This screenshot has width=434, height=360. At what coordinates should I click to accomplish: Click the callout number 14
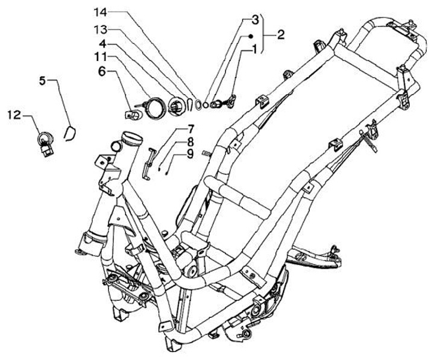101,11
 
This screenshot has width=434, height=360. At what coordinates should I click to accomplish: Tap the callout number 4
103,43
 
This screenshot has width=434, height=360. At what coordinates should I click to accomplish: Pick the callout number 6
102,71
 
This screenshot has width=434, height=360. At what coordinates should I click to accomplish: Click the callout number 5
42,80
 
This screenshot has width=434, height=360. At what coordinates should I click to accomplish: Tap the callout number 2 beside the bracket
281,35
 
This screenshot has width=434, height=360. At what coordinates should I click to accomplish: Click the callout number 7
190,128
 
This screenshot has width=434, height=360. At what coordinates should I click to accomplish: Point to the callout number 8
190,142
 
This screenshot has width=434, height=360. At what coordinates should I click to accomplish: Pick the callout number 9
190,155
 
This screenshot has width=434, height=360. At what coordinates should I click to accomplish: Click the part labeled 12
45,144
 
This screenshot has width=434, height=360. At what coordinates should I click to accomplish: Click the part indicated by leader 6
133,112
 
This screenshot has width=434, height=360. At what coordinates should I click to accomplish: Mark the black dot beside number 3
250,36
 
